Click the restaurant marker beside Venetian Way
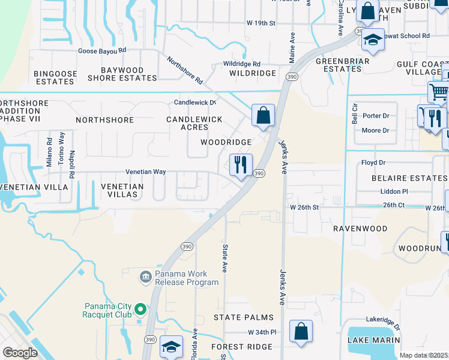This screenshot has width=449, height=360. click(x=241, y=165)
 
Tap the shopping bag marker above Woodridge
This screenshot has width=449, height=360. click(x=263, y=115)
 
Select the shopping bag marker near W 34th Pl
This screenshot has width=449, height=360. click(x=301, y=331)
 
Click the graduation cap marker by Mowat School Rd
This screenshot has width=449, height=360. click(x=373, y=40)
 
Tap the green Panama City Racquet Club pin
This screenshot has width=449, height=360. click(x=140, y=310)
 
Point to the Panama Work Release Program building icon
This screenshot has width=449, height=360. click(x=145, y=277)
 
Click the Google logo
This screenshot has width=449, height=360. click(x=20, y=353)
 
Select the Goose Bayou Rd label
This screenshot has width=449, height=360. click(x=103, y=51)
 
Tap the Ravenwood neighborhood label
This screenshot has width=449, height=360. click(x=360, y=229)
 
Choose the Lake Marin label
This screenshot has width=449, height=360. click(x=373, y=340)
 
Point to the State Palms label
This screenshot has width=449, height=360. click(x=244, y=317)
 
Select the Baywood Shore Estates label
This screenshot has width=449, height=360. click(x=122, y=74)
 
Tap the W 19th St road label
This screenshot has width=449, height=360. click(x=261, y=23)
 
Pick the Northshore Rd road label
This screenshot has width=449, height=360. click(x=185, y=71)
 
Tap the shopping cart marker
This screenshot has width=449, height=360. click(x=439, y=92)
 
